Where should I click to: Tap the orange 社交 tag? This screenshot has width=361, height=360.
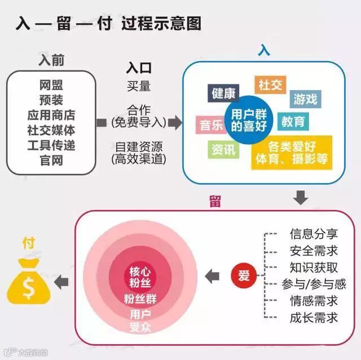click(270, 85)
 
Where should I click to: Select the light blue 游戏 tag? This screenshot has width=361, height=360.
click(305, 100)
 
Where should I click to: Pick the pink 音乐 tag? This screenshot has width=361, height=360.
click(211, 125)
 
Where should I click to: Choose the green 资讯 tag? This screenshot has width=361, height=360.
click(223, 149)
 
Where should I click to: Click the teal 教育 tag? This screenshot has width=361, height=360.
click(293, 121)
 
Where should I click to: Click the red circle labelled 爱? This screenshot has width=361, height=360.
click(243, 275)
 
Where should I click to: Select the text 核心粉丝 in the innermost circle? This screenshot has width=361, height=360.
click(140, 275)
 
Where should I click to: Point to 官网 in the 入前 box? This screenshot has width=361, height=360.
click(51, 161)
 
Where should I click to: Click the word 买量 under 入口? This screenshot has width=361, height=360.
click(139, 87)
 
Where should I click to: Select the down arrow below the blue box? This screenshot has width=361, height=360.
click(301, 197)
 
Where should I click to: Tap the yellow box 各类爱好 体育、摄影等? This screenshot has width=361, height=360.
click(291, 153)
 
